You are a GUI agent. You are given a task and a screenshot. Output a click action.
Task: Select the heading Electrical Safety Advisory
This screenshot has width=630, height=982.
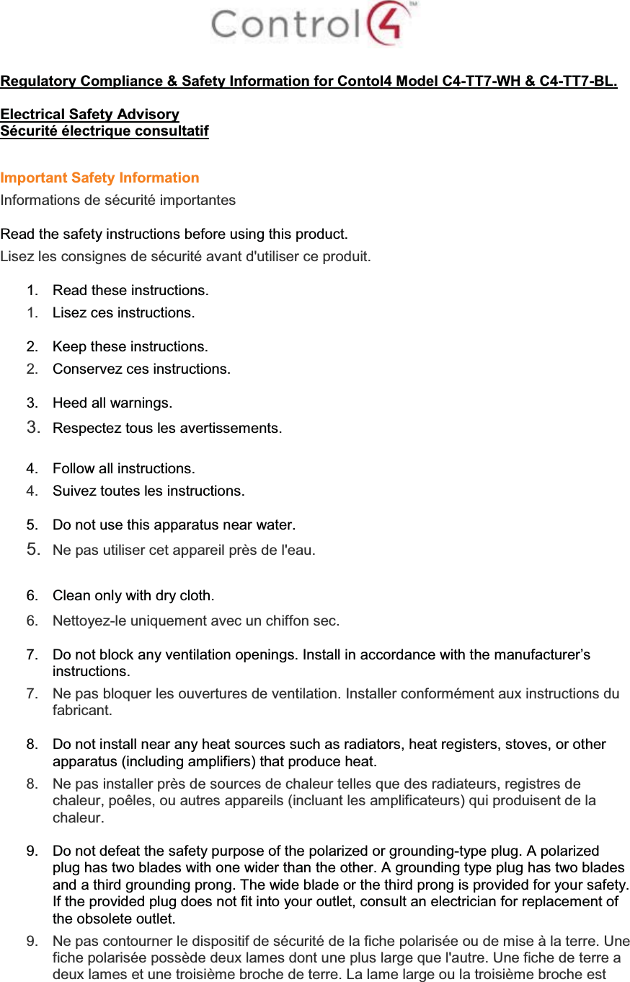click(x=90, y=114)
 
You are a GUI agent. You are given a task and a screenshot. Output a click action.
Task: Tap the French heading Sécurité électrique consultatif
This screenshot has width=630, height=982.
click(x=105, y=131)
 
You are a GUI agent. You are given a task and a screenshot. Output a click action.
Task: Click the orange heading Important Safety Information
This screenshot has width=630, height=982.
click(x=100, y=177)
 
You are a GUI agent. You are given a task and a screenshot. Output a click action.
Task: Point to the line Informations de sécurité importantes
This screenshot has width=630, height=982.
click(x=118, y=200)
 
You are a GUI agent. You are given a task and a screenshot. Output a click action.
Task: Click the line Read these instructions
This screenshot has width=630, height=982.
click(x=131, y=291)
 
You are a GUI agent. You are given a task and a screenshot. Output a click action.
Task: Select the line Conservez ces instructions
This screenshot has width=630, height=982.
click(x=142, y=369)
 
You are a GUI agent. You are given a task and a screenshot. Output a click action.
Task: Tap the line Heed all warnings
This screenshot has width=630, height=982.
click(x=112, y=402)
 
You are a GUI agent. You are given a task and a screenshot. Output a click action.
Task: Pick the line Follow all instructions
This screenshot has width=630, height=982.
click(x=124, y=468)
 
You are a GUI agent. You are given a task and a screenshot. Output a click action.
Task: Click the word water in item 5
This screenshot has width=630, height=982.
click(x=275, y=524)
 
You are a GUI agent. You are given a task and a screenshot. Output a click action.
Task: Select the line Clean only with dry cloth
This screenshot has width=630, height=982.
click(x=134, y=595)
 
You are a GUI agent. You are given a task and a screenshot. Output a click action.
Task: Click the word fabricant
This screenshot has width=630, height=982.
click(x=81, y=710)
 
